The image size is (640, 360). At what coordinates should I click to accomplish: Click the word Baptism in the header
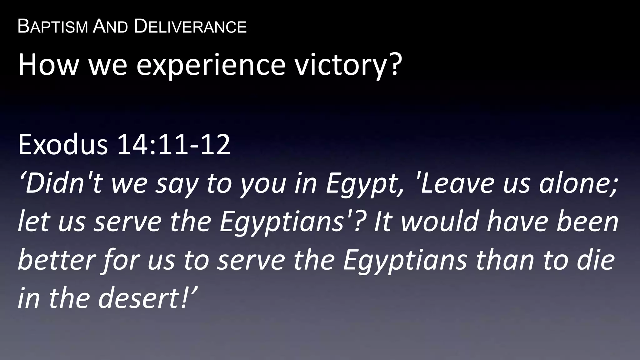pos(53,27)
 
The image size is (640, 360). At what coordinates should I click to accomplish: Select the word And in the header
pos(111,27)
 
